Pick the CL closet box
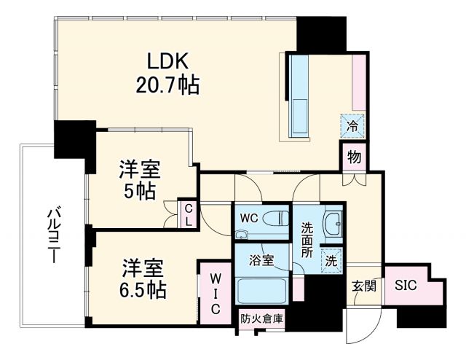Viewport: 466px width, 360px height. pos(187,214)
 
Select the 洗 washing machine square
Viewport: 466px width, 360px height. pos(331,258)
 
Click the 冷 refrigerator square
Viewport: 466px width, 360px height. pos(351,125)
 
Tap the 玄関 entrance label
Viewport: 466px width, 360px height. pos(364,285)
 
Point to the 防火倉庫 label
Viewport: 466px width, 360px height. pos(263,318)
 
